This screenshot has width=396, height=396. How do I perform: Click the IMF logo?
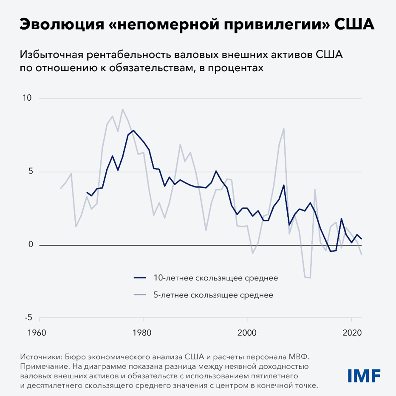364,375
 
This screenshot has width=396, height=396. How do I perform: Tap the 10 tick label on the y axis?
26,98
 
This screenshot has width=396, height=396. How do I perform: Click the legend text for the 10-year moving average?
215,278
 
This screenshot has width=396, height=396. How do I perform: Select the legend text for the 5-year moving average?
213,294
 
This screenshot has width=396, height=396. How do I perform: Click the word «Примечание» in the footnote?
43,365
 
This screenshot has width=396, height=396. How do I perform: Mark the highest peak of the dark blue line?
133,130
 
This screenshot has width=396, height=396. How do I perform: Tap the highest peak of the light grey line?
123,109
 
